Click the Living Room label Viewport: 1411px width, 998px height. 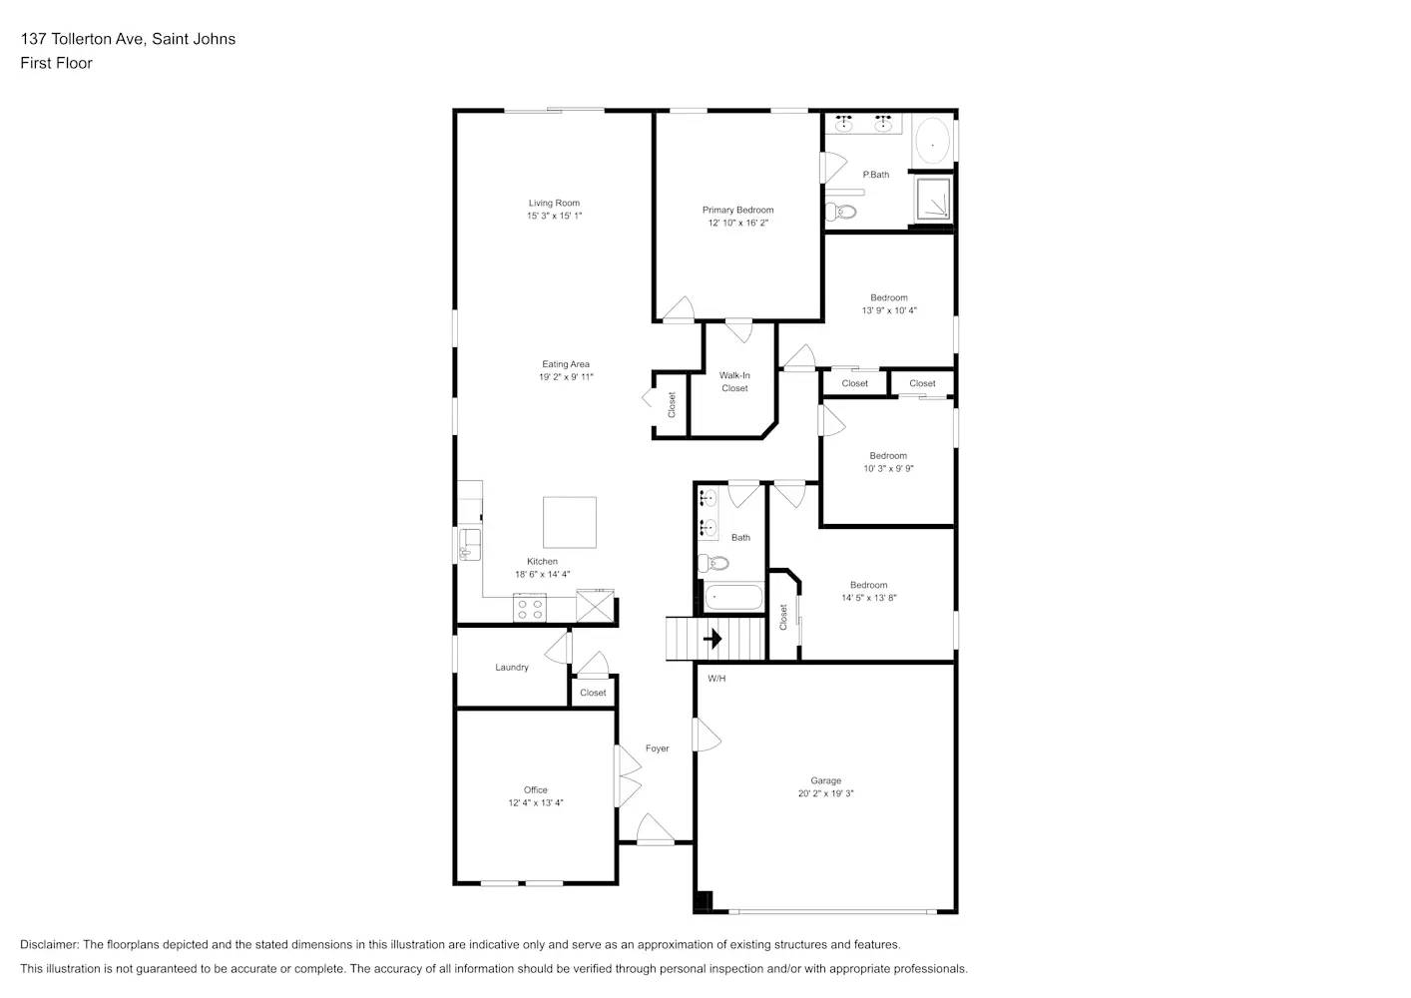pos(554,203)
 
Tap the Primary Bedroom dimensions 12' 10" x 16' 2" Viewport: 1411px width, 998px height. pos(737,223)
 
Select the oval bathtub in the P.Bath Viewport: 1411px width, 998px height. pos(933,144)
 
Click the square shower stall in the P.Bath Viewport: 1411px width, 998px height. pos(934,200)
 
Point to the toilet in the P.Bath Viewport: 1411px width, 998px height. pos(842,211)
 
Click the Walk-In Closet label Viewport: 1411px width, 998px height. pos(734,382)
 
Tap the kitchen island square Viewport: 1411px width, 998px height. pos(570,522)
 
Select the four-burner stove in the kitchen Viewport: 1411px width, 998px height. pos(529,608)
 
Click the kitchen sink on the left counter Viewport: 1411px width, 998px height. pos(469,544)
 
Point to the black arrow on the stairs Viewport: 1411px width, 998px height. pos(712,639)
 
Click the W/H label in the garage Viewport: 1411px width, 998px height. pos(716,679)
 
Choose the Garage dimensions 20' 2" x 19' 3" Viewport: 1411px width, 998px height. pos(825,793)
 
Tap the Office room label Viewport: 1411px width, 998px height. pos(535,789)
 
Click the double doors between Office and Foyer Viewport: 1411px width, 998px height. pos(628,775)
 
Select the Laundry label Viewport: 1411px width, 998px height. pos(511,668)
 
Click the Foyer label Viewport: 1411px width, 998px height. pos(657,748)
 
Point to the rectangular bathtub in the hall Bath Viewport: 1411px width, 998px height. pos(733,599)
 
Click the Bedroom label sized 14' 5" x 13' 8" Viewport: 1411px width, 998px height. pos(868,586)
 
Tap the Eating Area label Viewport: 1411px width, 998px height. pos(566,364)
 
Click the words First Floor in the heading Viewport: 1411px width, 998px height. pos(56,63)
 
